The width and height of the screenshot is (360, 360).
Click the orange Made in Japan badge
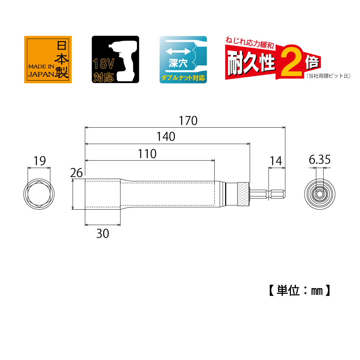click(48, 59)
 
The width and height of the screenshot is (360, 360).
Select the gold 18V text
click(104, 64)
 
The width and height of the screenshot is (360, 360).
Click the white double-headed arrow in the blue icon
click(178, 51)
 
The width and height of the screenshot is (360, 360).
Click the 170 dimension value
click(188, 121)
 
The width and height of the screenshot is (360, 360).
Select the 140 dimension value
click(166, 137)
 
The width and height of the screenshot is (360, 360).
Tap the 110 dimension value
click(147, 154)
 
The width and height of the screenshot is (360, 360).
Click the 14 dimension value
click(276, 161)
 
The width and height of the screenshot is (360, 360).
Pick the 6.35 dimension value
click(320, 160)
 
